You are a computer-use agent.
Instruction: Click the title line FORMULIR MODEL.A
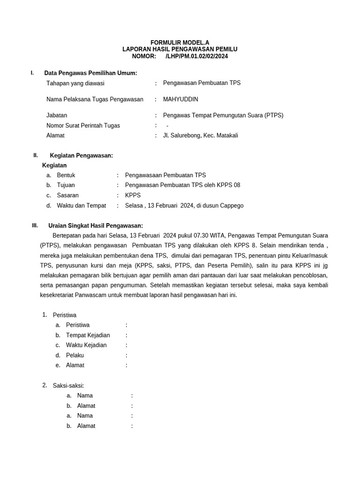pyautogui.click(x=180, y=43)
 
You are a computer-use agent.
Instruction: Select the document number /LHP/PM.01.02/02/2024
pyautogui.click(x=197, y=56)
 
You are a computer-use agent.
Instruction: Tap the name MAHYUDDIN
pyautogui.click(x=180, y=99)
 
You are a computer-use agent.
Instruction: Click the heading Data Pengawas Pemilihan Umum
pyautogui.click(x=90, y=73)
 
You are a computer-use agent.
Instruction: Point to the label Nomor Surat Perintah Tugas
pyautogui.click(x=83, y=126)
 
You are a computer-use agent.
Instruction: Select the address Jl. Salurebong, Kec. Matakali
pyautogui.click(x=200, y=135)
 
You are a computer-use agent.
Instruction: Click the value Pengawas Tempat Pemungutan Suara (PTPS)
pyautogui.click(x=223, y=115)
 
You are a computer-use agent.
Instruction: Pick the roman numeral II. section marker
pyautogui.click(x=36, y=155)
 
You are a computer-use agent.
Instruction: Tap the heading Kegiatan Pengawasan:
pyautogui.click(x=81, y=156)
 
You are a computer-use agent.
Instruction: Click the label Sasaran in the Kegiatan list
pyautogui.click(x=67, y=195)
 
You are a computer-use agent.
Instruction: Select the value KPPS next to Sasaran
pyautogui.click(x=133, y=195)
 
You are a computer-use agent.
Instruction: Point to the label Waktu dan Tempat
pyautogui.click(x=81, y=206)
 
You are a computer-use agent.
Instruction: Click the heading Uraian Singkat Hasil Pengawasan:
pyautogui.click(x=96, y=226)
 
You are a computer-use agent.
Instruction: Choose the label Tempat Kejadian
pyautogui.click(x=88, y=335)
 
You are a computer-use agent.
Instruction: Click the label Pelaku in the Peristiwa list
pyautogui.click(x=75, y=355)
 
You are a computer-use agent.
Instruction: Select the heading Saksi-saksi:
pyautogui.click(x=68, y=386)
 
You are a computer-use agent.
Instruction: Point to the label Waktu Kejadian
pyautogui.click(x=86, y=345)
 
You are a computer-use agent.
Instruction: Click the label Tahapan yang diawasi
pyautogui.click(x=75, y=83)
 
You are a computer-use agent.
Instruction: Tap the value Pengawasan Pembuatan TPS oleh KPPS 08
pyautogui.click(x=182, y=185)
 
